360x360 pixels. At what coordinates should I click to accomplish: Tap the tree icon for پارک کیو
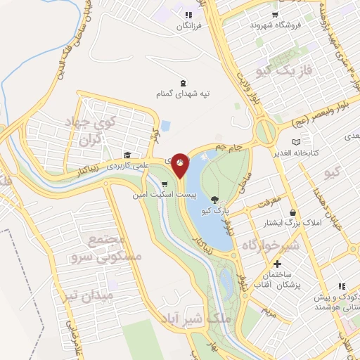coord(214,200)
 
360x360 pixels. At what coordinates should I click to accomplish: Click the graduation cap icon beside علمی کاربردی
coord(127,155)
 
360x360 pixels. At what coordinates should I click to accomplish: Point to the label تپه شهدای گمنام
coord(184,93)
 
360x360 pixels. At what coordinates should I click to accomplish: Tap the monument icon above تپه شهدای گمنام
coord(184,82)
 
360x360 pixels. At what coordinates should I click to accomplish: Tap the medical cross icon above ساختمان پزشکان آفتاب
coord(277,263)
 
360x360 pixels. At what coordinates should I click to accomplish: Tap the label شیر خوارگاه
coord(271,245)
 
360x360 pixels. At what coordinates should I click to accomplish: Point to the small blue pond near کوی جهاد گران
coord(166,126)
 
